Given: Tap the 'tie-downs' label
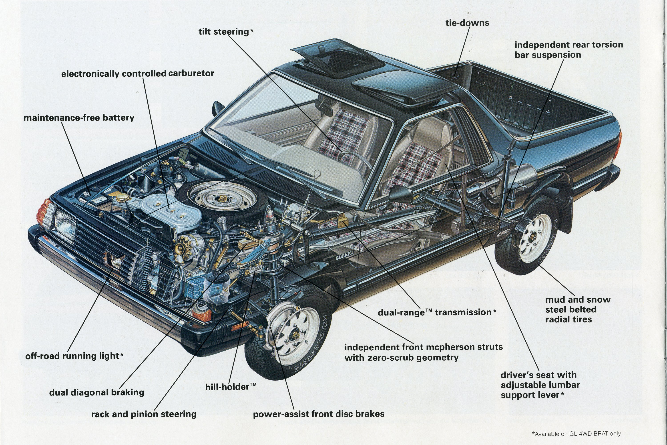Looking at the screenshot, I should pyautogui.click(x=467, y=23).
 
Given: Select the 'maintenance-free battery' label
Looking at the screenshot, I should pyautogui.click(x=79, y=117).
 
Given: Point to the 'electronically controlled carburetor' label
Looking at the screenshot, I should pyautogui.click(x=137, y=74).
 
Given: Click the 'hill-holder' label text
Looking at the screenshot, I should pyautogui.click(x=231, y=387).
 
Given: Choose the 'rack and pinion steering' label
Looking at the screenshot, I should pyautogui.click(x=144, y=414).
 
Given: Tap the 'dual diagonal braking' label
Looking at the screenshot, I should pyautogui.click(x=96, y=392).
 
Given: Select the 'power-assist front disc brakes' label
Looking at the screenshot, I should pyautogui.click(x=318, y=414).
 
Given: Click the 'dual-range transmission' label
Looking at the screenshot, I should pyautogui.click(x=437, y=312).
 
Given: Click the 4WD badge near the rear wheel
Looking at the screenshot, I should pyautogui.click(x=502, y=234).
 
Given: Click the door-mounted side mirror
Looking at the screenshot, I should pyautogui.click(x=401, y=193).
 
